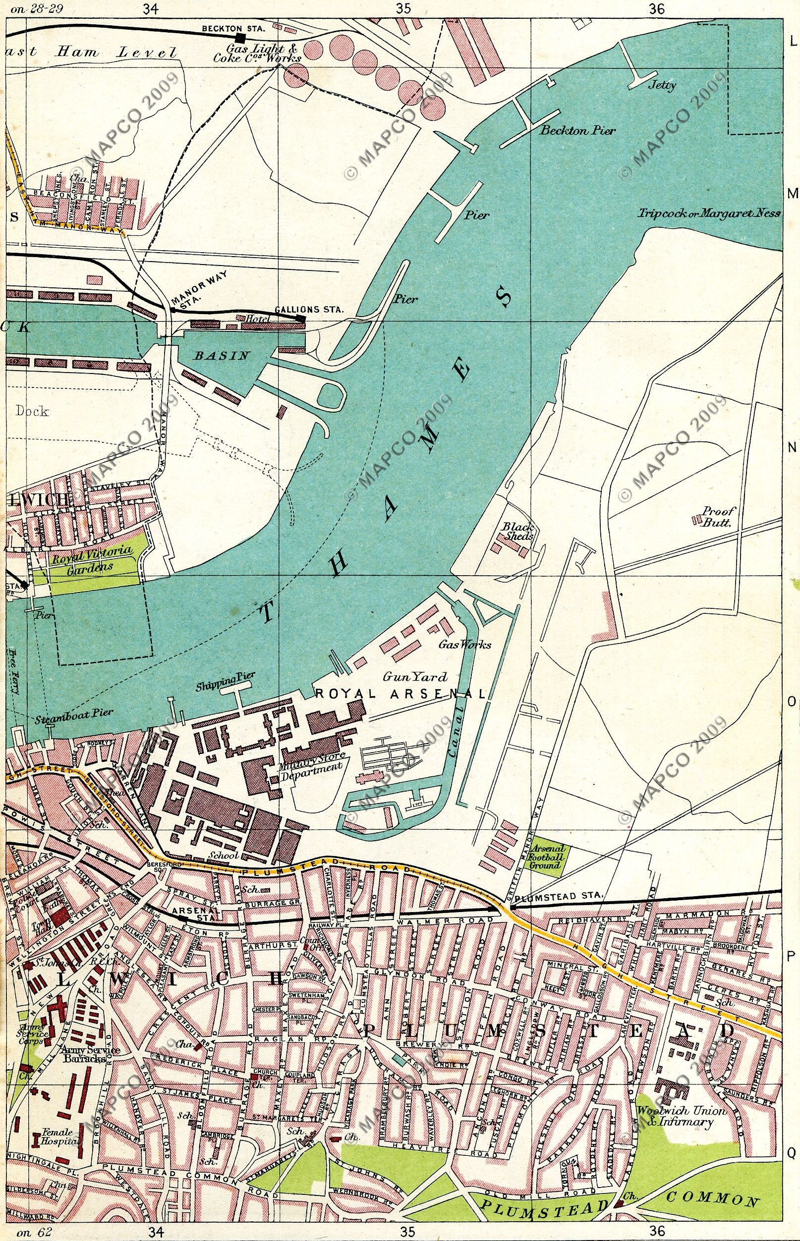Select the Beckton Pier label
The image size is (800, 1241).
(577, 131)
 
